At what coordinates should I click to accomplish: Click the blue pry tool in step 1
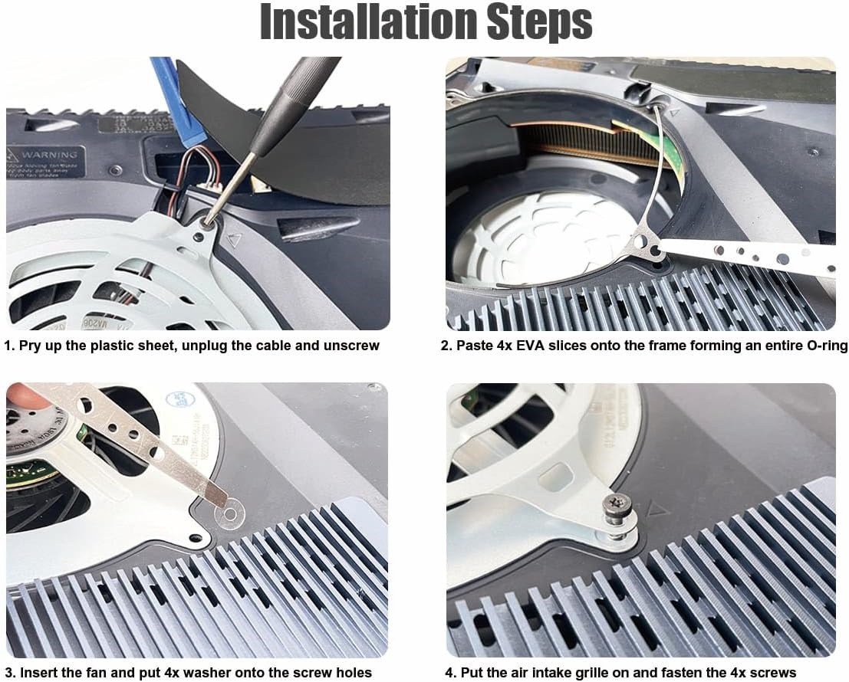tap(176, 100)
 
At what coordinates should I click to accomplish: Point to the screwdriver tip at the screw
tap(209, 222)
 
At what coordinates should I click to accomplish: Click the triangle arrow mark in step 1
tap(234, 240)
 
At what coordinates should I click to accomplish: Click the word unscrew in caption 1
tap(349, 346)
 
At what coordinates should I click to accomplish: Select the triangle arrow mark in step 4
tap(657, 508)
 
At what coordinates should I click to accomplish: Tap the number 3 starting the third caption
tap(8, 673)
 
